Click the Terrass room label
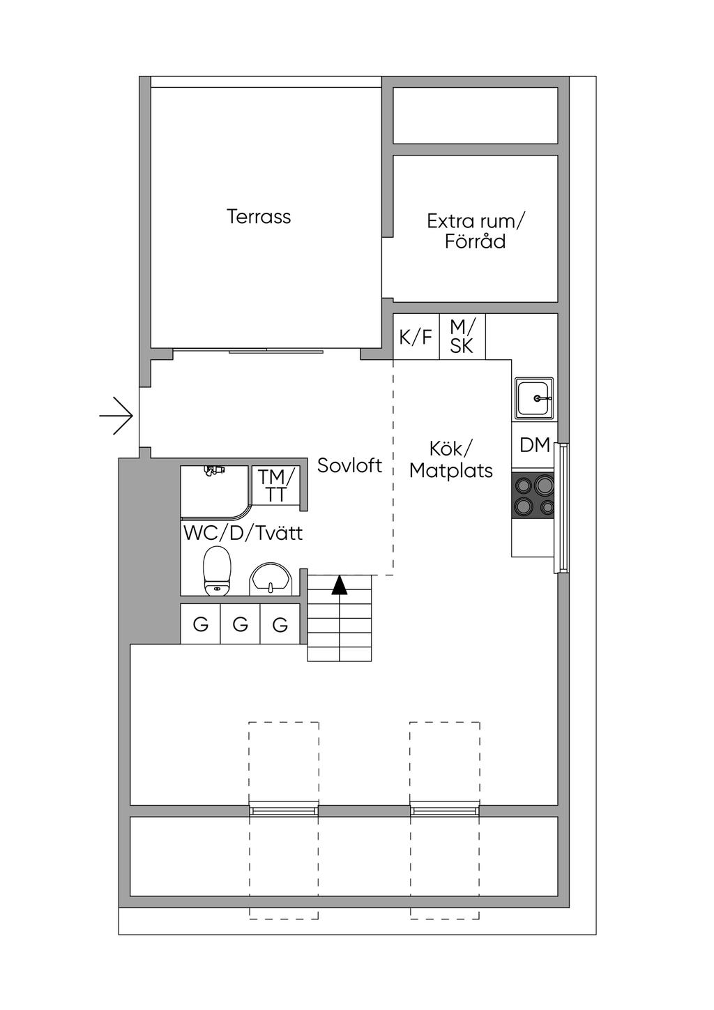pos(258,216)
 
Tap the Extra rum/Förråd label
pos(476,232)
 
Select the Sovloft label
pos(349,465)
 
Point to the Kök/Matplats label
pos(450,460)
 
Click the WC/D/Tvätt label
pos(243,534)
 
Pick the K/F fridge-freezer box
pos(416,337)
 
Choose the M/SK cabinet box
pos(462,337)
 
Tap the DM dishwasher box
pos(535,445)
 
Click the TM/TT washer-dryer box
pos(275,485)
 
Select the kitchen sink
pos(535,399)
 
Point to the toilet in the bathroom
pos(218,571)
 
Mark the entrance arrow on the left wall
pos(116,416)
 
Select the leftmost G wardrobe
pos(201,624)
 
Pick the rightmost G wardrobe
pos(280,624)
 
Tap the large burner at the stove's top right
pos(544,485)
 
